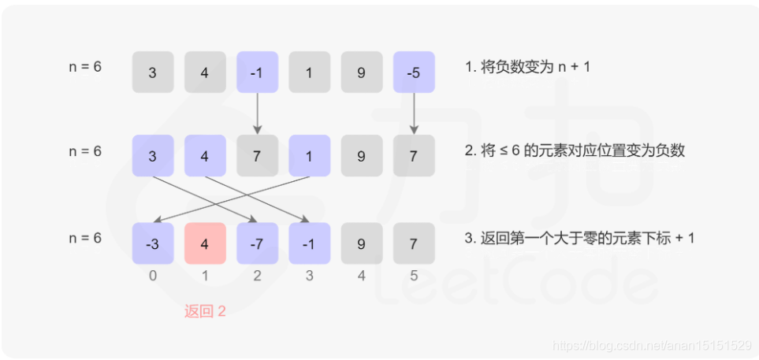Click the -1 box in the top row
pos(257,72)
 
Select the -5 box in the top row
pos(413,72)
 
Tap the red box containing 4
pos(205,243)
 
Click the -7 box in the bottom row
pos(257,243)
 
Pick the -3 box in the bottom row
pos(152,243)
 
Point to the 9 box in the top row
pos(361,72)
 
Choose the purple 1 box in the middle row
pos(309,156)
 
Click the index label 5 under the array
pos(413,276)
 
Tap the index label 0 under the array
pos(152,276)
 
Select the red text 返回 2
pos(205,311)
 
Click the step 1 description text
pos(527,67)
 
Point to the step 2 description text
pos(575,150)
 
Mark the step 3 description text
pos(579,237)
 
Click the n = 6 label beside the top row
pos(85,67)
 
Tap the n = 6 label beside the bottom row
pos(85,237)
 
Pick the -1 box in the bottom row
pos(309,243)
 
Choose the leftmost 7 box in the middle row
pos(257,156)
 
